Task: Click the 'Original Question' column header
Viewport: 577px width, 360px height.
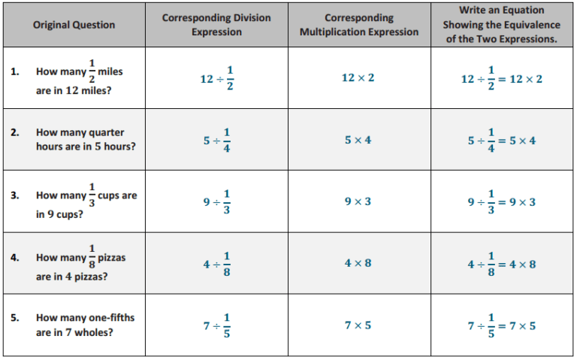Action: tap(74, 25)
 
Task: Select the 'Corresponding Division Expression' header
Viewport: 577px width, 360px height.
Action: tap(216, 25)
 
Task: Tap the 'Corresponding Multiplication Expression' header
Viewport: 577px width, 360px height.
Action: tap(359, 25)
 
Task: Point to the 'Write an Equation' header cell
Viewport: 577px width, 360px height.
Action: tap(502, 24)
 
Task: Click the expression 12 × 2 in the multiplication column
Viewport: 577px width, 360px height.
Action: tap(358, 77)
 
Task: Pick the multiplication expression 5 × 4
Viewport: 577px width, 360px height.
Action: tap(358, 140)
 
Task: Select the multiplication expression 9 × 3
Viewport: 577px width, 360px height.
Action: tap(358, 201)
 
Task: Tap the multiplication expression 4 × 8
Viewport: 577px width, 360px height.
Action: tap(358, 263)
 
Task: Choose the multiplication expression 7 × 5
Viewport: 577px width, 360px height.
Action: tap(358, 325)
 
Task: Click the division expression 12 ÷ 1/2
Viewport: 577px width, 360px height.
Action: tap(216, 78)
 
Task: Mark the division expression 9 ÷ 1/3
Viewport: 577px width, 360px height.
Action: tap(216, 201)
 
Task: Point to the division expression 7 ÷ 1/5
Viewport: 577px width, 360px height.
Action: tap(216, 325)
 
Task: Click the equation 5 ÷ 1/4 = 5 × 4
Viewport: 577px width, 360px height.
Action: tap(502, 141)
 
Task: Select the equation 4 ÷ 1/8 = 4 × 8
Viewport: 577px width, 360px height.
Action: tap(502, 264)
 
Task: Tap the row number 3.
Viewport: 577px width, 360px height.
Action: tap(15, 195)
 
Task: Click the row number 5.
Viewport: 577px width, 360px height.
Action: tap(15, 317)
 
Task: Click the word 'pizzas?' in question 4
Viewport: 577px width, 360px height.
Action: tap(91, 277)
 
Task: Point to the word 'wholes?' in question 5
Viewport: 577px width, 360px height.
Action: tap(94, 332)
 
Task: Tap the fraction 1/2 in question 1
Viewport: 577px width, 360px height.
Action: tap(92, 71)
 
